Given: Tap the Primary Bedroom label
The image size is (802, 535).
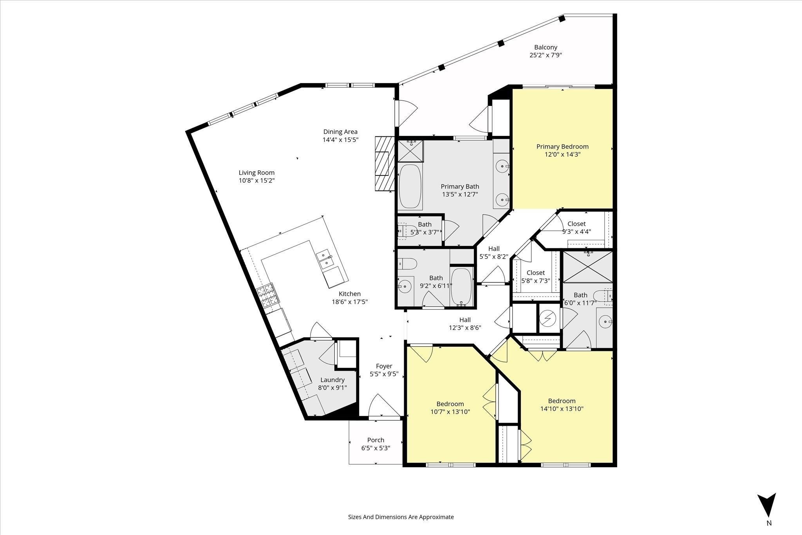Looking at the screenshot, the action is pos(562,146).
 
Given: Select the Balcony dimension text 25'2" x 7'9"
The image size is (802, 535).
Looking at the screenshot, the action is pos(546,55).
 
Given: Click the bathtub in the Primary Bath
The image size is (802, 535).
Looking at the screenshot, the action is pos(410,186).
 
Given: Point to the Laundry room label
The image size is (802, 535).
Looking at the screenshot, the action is pos(332,380).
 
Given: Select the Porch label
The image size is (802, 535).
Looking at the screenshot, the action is pos(376,440).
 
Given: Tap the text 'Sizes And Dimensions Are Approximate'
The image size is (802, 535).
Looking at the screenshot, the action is pos(401,517).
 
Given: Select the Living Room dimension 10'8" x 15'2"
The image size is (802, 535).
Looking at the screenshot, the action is pos(256,181).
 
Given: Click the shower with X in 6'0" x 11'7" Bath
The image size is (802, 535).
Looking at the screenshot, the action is pos(588,267).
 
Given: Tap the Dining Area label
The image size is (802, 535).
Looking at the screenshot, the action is pos(340,132).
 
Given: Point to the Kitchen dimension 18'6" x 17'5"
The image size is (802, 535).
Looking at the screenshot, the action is pos(350,302).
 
